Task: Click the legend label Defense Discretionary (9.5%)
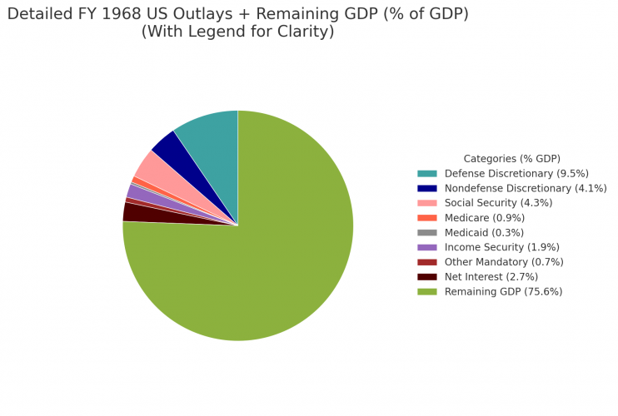click(516, 173)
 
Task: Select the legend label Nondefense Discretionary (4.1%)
click(526, 188)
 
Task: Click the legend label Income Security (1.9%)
click(501, 247)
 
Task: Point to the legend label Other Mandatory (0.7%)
click(504, 262)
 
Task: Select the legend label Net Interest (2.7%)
click(491, 276)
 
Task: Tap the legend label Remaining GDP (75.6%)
click(503, 291)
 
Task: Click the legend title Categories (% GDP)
click(511, 158)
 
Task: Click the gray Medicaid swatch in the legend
click(426, 232)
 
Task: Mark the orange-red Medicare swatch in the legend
click(426, 218)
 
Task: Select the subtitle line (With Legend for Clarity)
click(237, 32)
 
